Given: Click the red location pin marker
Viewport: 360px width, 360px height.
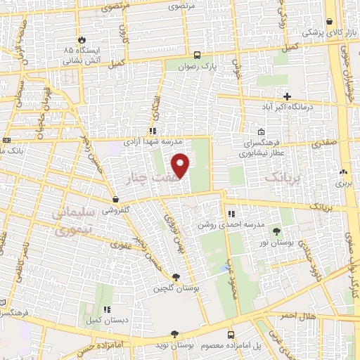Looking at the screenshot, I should [x=181, y=165].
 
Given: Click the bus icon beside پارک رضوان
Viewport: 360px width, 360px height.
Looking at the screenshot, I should [x=198, y=54].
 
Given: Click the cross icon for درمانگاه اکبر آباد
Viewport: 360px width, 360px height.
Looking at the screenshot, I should [x=287, y=96].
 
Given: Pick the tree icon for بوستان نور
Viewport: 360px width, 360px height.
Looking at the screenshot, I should [x=275, y=231].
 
